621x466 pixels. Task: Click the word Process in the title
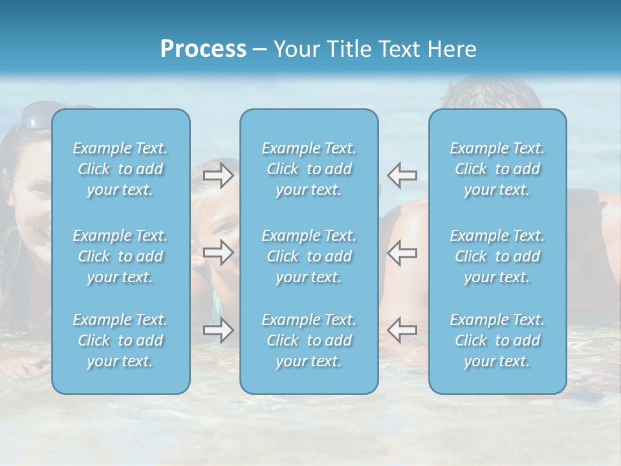click(203, 49)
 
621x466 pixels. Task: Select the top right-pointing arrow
click(219, 175)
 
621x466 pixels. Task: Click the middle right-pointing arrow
click(219, 252)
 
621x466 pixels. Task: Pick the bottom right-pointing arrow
click(219, 330)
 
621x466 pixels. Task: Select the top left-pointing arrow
click(402, 175)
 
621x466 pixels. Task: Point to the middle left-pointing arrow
click(402, 252)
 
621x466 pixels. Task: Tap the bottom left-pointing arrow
click(402, 330)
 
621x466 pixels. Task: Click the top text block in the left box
click(120, 169)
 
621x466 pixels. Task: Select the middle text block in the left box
click(120, 256)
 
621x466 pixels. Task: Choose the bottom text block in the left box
click(120, 340)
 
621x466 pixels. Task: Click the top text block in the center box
click(309, 169)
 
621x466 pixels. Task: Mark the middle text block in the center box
click(309, 256)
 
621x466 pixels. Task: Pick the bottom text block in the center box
click(309, 340)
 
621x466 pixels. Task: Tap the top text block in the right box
click(497, 169)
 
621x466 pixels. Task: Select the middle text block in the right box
click(497, 256)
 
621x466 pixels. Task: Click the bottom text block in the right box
click(497, 340)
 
